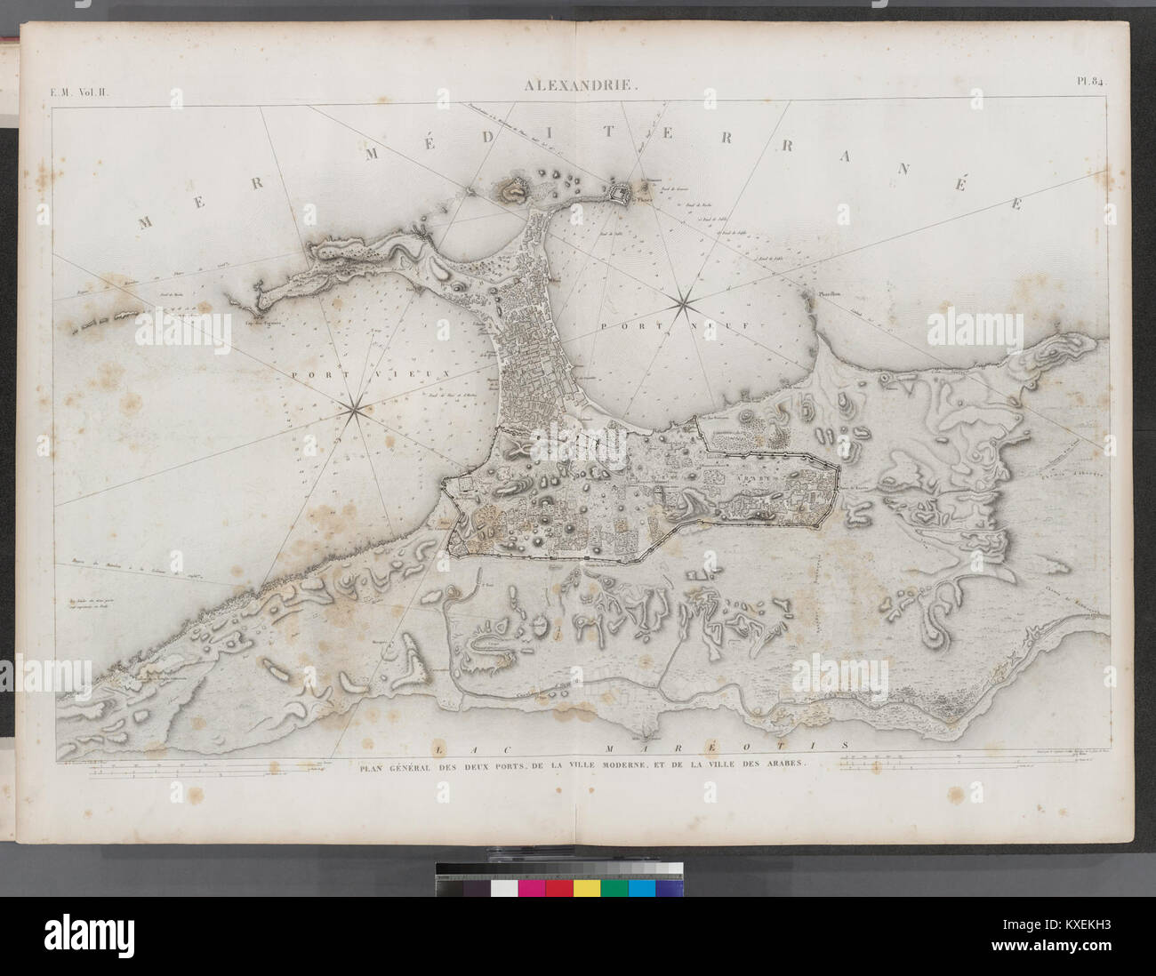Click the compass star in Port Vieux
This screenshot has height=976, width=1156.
click(352, 409)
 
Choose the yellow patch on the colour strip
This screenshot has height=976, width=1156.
click(587, 888)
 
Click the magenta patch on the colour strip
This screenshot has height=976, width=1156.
click(532, 888)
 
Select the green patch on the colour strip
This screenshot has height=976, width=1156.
click(614, 888)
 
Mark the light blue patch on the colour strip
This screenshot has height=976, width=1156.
click(642, 888)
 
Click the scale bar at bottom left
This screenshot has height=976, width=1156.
click(205, 772)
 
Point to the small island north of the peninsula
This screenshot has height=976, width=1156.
click(511, 187)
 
